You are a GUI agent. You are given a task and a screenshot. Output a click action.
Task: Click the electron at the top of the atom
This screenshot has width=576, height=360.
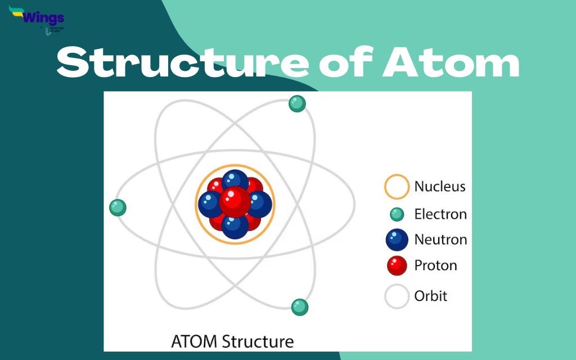coord(297,103)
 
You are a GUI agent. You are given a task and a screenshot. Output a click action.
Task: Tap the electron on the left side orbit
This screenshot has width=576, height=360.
coord(118,208)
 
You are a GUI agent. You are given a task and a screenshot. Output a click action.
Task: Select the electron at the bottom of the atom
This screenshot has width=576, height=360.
coord(300,307)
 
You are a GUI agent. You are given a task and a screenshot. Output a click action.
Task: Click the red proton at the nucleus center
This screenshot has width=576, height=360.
coord(235,201)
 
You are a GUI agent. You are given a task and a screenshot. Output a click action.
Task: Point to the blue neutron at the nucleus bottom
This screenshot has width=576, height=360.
coord(235,226)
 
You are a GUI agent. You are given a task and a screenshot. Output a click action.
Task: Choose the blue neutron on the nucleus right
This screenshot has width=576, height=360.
coord(259,204)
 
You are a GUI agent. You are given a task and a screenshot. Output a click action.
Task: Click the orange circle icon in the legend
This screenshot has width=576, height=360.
coord(397,187)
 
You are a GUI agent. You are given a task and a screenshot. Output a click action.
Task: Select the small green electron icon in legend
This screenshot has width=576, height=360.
coord(397,214)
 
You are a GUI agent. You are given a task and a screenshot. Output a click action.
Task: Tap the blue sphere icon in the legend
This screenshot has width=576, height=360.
coord(397,240)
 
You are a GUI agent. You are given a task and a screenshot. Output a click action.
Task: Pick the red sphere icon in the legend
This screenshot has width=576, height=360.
coord(397,265)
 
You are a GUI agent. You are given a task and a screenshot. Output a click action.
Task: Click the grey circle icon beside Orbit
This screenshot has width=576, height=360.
coord(397,296)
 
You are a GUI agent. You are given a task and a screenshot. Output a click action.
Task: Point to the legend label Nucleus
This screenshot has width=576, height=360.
coord(440,186)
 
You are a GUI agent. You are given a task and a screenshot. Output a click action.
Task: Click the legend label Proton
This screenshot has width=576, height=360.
coord(435,265)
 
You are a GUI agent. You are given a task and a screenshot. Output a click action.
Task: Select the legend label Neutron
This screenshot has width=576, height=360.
coord(440,240)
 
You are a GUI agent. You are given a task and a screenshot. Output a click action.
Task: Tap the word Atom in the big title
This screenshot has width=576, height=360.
coord(450,64)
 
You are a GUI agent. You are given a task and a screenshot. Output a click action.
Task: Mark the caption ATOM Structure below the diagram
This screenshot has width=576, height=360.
coord(232,341)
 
